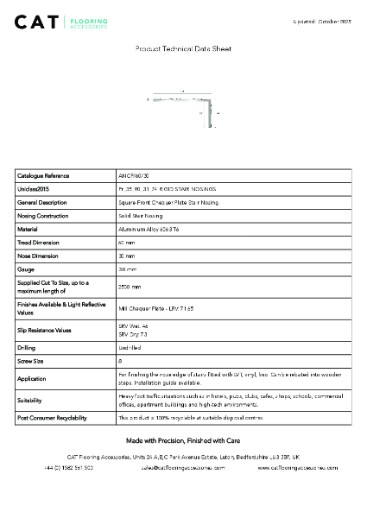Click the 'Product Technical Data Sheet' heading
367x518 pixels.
pyautogui.click(x=183, y=50)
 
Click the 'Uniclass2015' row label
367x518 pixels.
pyautogui.click(x=35, y=188)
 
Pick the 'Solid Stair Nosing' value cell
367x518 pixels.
pyautogui.click(x=140, y=215)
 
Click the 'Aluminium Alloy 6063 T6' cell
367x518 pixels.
pyautogui.click(x=149, y=229)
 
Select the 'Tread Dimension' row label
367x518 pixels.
pyautogui.click(x=40, y=243)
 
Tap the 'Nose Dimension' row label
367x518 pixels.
pyautogui.click(x=39, y=256)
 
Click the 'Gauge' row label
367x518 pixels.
pyautogui.click(x=27, y=269)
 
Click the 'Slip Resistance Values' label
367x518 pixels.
pyautogui.click(x=45, y=330)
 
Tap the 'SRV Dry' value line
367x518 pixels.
pyautogui.click(x=133, y=333)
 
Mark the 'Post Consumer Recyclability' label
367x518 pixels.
pyautogui.click(x=52, y=418)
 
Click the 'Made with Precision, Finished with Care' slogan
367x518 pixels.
pyautogui.click(x=183, y=440)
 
